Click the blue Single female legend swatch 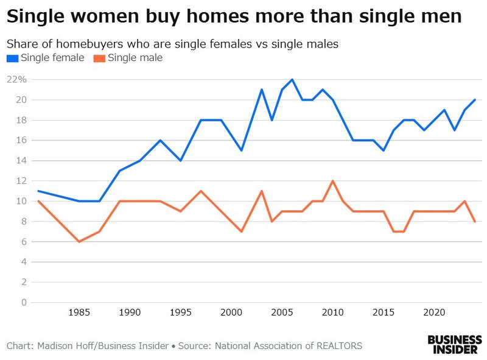pos(12,58)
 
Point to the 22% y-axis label pos(16,79)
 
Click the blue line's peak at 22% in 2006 pos(292,79)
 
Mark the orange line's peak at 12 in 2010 pos(332,181)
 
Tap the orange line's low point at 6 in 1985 pos(79,242)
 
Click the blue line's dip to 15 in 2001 pos(242,150)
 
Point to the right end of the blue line pos(474,100)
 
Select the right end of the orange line pos(474,222)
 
